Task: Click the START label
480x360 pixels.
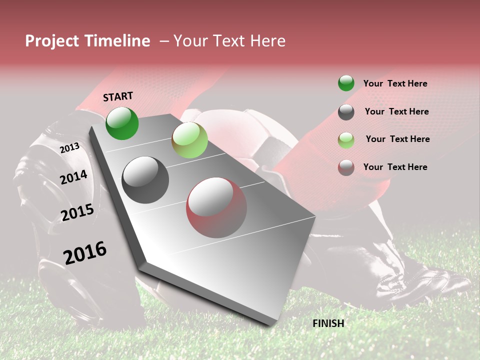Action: point(118,96)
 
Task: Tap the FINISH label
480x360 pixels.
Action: point(328,323)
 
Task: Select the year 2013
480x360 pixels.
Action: point(69,147)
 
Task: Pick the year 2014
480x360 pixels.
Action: point(73,177)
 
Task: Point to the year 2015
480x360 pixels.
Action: point(77,212)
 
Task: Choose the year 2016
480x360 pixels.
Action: point(85,253)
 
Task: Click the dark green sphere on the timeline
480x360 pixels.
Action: point(122,123)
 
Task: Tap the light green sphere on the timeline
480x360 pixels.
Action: point(189,140)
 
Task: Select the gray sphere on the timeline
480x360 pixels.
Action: point(145,180)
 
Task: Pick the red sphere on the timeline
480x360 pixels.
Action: point(216,207)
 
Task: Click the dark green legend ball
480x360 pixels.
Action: point(346,83)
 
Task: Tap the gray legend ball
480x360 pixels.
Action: point(346,112)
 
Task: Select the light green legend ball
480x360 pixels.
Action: point(346,140)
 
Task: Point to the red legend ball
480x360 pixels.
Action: point(346,167)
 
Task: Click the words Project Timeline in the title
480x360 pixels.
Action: point(87,41)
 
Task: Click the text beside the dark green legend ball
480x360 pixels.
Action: point(395,83)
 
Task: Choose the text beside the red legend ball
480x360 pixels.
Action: point(395,167)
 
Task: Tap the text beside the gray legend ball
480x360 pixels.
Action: point(396,111)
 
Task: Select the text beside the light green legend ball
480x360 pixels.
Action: point(397,139)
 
